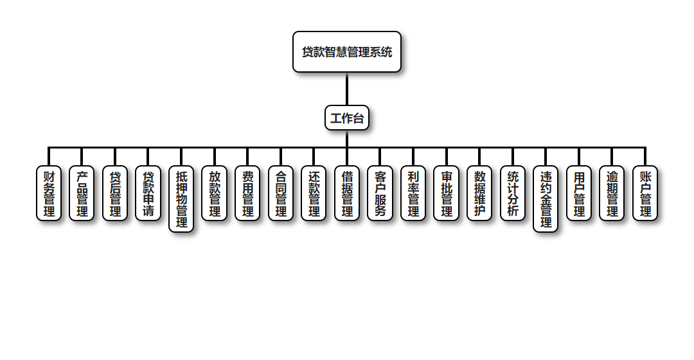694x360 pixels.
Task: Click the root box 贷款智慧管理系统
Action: [347, 52]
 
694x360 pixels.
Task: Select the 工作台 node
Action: [347, 118]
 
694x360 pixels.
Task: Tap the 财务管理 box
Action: [49, 193]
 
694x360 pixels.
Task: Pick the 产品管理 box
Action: [82, 193]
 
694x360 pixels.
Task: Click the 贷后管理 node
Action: [115, 193]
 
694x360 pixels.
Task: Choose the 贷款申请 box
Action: [148, 193]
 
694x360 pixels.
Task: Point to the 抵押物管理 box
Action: [181, 199]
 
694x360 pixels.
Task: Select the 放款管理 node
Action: [215, 193]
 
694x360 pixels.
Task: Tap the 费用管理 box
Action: [247, 193]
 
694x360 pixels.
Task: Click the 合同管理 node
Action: [281, 193]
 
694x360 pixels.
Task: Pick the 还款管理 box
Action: [314, 193]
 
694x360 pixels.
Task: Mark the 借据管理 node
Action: [347, 193]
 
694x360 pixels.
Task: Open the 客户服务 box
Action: [380, 193]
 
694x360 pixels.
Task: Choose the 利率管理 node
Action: [413, 193]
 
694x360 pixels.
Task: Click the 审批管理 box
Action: [446, 193]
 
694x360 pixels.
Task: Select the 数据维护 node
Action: [479, 193]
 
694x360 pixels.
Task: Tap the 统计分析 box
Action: [513, 193]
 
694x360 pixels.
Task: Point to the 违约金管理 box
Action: [546, 199]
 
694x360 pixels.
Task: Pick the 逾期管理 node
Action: [612, 193]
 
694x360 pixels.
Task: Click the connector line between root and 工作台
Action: [347, 89]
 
